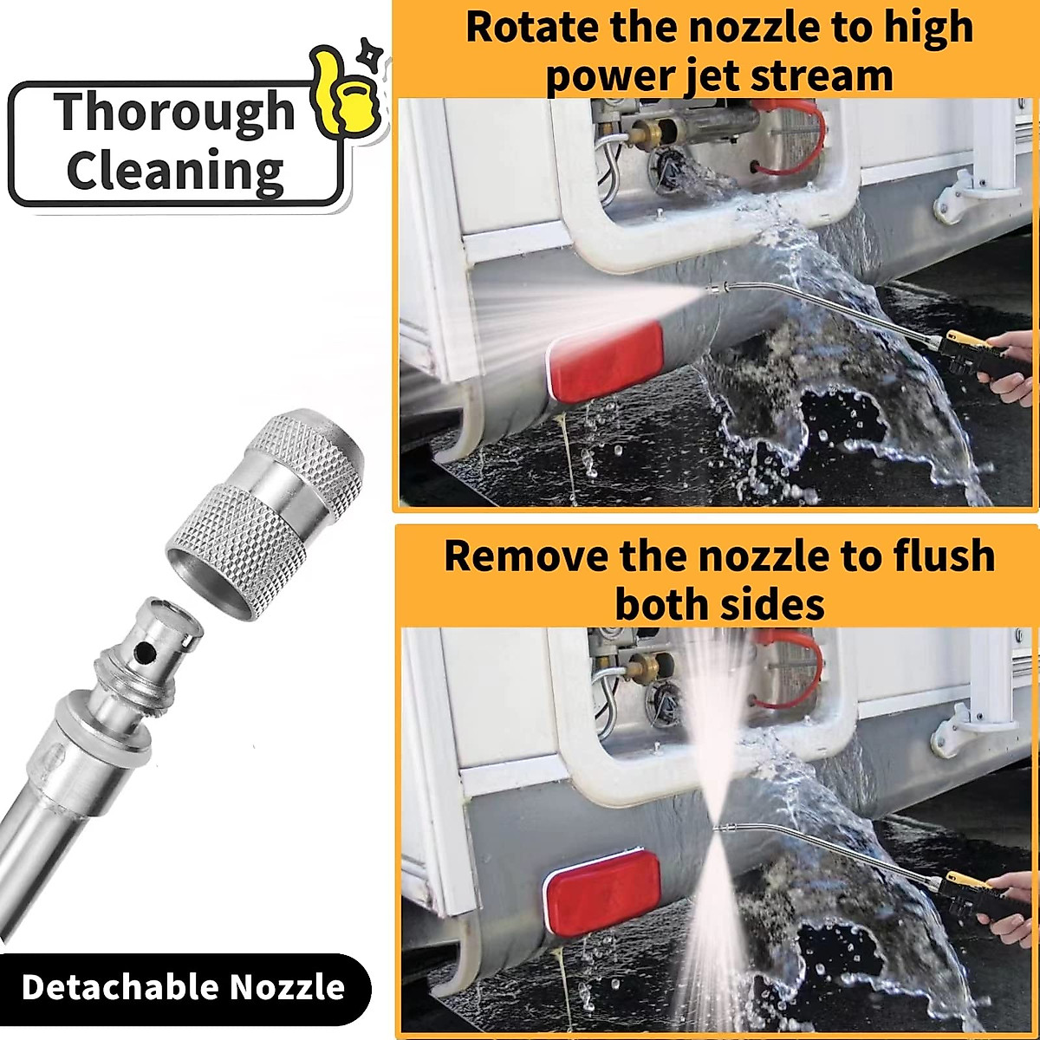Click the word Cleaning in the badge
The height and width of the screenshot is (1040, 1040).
coord(175,171)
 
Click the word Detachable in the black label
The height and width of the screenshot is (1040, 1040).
coord(118,987)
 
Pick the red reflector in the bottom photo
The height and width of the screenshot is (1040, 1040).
coord(601,892)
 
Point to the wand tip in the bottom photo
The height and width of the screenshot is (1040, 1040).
coord(720,829)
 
